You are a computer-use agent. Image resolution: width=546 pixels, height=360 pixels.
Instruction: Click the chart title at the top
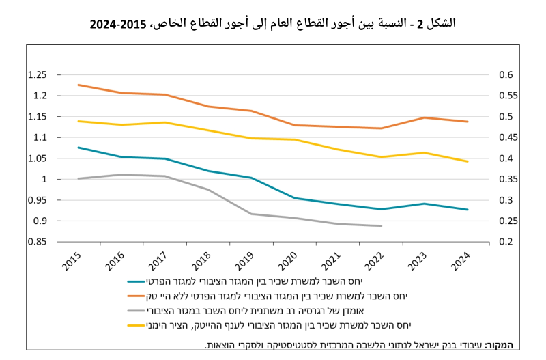click(273, 23)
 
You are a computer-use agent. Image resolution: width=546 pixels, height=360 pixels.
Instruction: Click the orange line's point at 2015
click(78, 85)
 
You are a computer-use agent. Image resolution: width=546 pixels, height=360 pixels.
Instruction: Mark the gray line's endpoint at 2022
click(382, 226)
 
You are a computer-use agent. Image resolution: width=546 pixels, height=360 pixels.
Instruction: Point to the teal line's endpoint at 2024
click(468, 210)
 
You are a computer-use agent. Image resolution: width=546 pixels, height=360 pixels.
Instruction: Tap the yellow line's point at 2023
click(425, 152)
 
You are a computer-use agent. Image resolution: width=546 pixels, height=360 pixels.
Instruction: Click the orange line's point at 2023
click(425, 117)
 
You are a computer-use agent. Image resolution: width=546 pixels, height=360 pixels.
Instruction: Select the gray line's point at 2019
click(252, 214)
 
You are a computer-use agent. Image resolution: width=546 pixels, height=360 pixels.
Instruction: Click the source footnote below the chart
click(362, 346)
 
